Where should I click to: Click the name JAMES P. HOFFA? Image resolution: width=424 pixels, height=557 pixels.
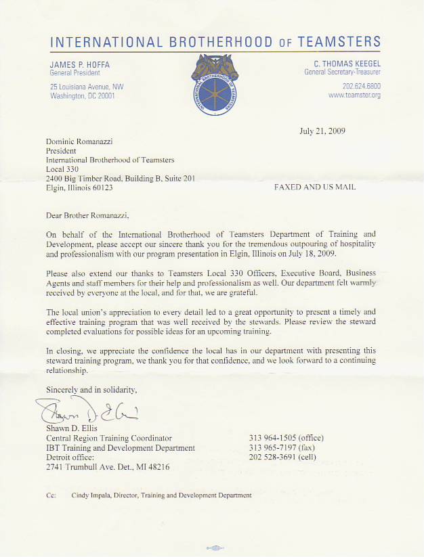pos(79,64)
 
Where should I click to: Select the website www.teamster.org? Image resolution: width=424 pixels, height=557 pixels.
pos(354,95)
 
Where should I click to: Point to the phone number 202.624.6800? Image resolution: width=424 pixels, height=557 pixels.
pos(362,86)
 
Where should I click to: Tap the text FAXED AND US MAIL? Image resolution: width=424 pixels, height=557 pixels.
pos(315,187)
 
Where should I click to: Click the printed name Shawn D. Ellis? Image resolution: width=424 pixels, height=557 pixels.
pos(71,428)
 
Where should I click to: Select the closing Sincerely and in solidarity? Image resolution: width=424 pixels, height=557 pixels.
pos(91,390)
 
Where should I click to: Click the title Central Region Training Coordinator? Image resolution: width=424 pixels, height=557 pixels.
pos(108,438)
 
